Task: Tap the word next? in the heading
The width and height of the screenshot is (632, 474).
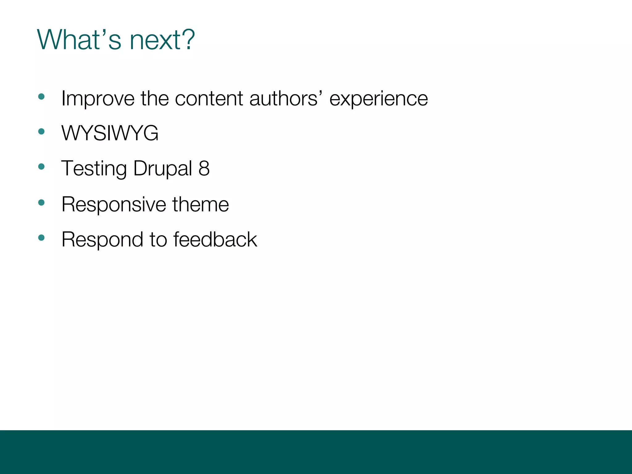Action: pos(162,40)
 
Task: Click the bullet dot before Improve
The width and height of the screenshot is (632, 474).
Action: pos(41,97)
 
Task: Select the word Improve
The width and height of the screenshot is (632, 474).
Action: pos(98,99)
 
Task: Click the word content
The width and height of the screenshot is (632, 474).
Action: pos(209,99)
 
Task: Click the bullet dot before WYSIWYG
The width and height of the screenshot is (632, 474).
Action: pos(41,132)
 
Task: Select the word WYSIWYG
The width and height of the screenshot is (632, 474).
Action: pos(110,133)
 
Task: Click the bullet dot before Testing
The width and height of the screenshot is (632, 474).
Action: pos(41,167)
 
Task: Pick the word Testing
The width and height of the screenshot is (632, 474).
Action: pos(94,169)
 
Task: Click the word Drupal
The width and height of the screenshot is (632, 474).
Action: pos(163,169)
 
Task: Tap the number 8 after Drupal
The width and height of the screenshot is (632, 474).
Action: pos(204,168)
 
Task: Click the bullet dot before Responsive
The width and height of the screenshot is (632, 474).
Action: pos(41,203)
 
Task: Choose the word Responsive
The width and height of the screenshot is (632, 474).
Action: pos(114,205)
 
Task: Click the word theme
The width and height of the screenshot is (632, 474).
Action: pos(201,204)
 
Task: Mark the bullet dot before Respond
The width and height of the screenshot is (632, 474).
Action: pos(41,238)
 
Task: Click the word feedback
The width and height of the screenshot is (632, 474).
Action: pos(215,239)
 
